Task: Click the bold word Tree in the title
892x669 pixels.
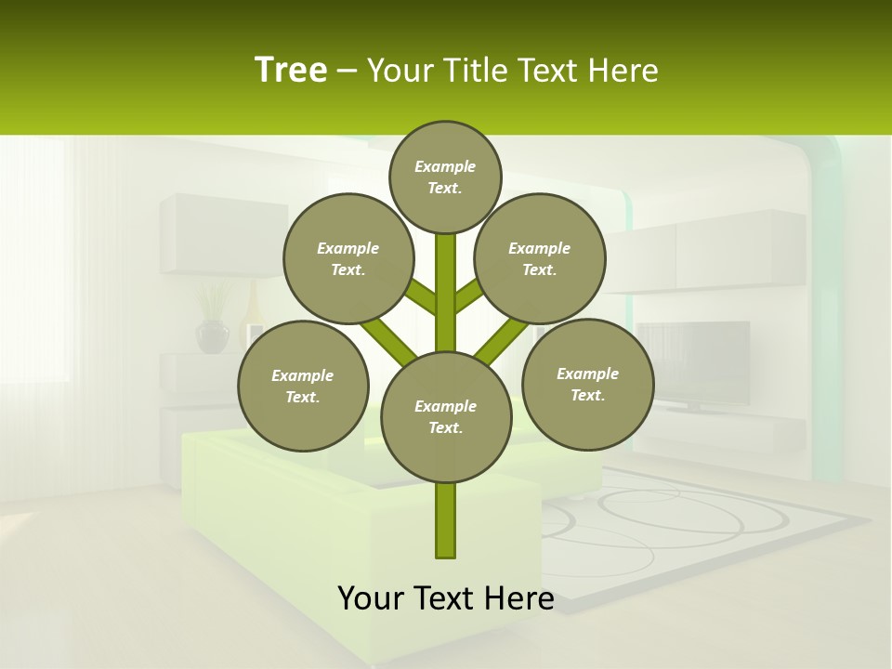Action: point(291,71)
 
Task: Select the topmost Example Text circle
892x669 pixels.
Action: point(445,177)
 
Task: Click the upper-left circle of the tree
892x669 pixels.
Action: point(348,258)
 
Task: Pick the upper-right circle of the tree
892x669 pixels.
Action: point(540,258)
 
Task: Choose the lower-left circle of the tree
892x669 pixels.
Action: point(303,386)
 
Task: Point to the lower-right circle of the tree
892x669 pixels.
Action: point(588,384)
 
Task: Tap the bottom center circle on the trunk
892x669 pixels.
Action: point(446,416)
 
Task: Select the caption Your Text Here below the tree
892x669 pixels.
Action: point(446,598)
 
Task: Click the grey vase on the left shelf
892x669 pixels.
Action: point(213,335)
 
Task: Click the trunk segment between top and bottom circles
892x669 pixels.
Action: point(446,293)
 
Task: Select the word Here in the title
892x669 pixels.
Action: point(624,71)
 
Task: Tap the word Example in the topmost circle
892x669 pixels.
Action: point(445,166)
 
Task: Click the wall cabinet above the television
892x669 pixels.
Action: point(715,251)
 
